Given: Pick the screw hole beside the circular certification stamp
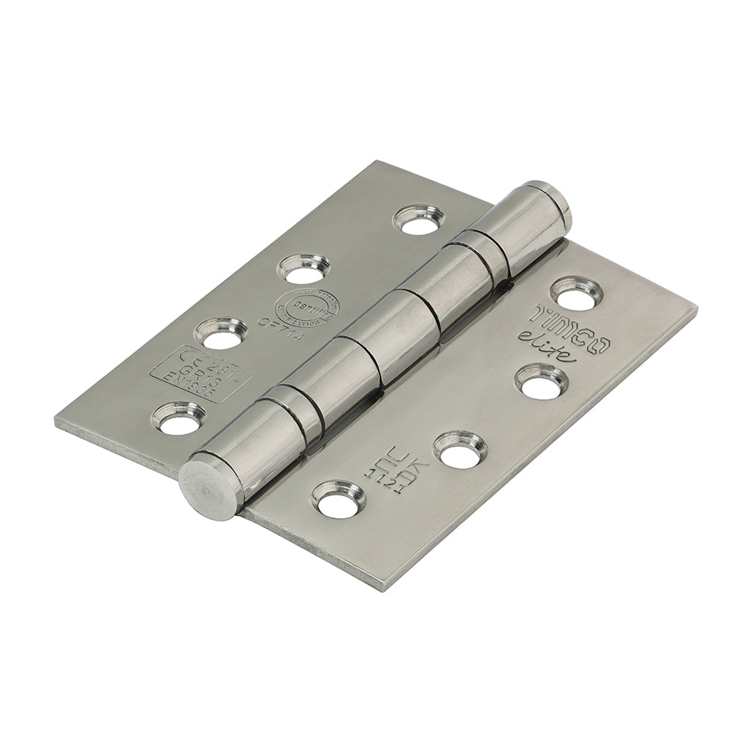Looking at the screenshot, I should [303, 268].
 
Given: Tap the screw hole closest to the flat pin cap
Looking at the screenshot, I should [338, 499].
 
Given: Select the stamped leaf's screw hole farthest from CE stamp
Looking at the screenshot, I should [419, 220].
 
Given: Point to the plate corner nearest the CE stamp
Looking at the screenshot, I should [56, 421].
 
